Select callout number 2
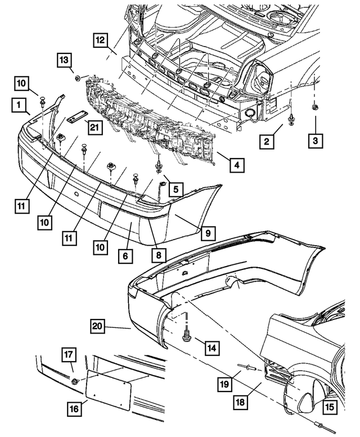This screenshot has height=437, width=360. point(267,141)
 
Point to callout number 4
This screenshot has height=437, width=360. point(237,165)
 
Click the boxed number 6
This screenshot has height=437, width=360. point(124,256)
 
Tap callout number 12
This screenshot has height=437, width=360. point(101,40)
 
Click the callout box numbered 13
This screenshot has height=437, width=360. point(64,60)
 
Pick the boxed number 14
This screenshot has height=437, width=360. point(211,349)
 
